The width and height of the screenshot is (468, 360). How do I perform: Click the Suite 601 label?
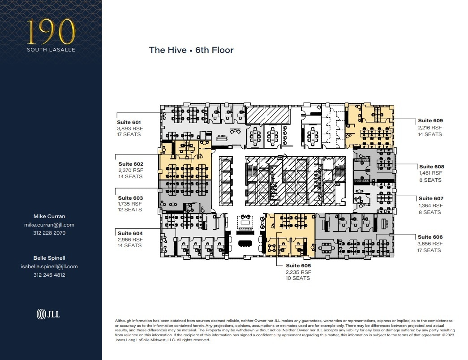(x=129, y=122)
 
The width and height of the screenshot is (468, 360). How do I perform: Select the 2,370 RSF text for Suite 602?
(x=131, y=171)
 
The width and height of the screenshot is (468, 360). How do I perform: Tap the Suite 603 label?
(x=130, y=198)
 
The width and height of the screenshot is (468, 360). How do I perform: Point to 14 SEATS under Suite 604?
(x=130, y=245)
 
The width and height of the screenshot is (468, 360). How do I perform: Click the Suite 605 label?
(x=298, y=266)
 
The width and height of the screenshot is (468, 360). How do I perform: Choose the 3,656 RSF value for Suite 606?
(x=430, y=244)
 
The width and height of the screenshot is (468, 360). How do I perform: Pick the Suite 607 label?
(x=431, y=198)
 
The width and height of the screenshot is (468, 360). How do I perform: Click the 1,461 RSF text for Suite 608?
(x=430, y=173)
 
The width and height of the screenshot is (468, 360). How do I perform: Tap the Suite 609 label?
(x=430, y=120)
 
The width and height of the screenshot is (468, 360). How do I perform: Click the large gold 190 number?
(x=50, y=32)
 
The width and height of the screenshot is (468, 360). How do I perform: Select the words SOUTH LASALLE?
(x=50, y=50)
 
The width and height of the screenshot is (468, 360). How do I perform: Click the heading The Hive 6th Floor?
(x=191, y=50)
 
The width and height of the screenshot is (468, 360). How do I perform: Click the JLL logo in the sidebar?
(x=48, y=314)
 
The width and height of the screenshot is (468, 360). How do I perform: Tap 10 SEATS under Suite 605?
(x=298, y=279)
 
